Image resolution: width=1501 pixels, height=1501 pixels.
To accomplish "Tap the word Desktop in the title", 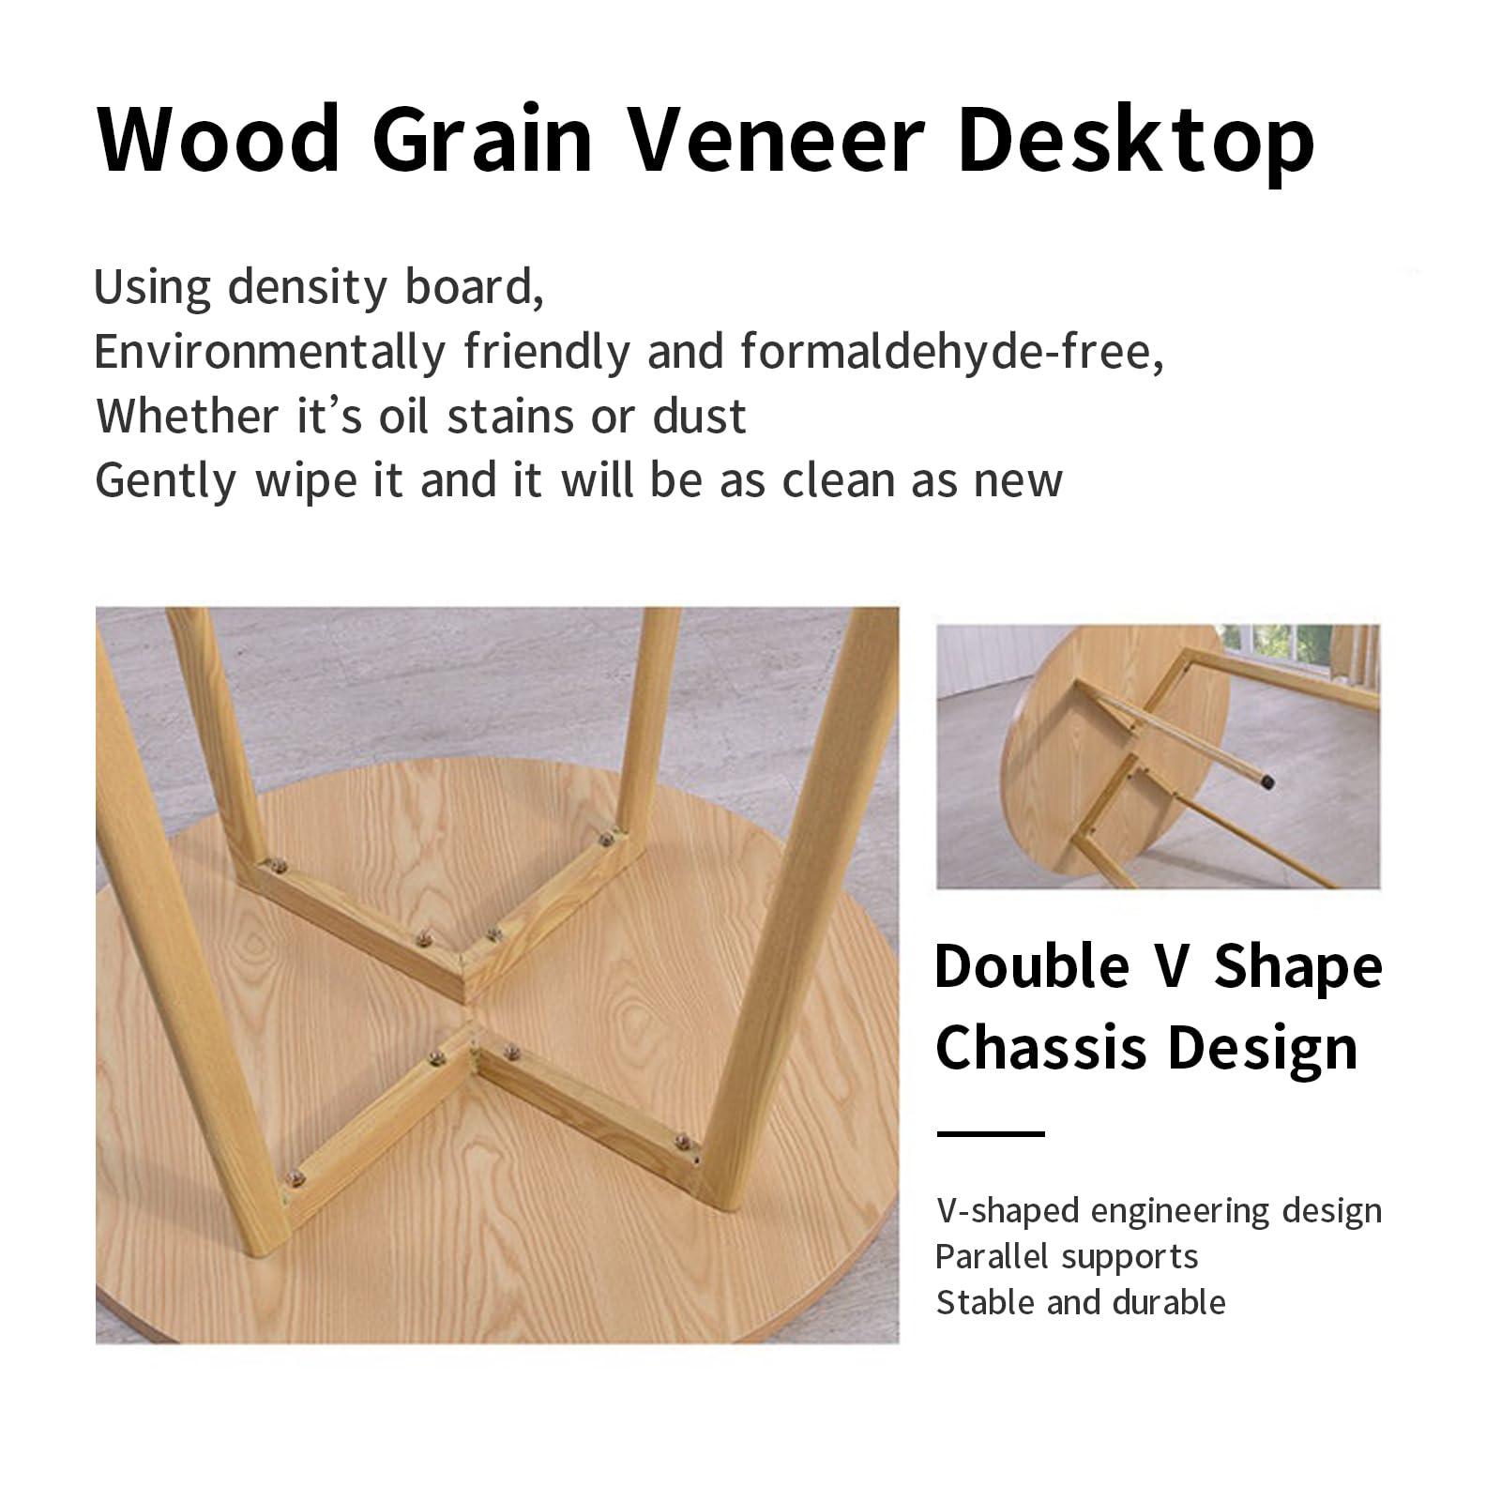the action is (1135, 142).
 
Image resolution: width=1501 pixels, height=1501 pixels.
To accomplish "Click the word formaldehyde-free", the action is (952, 352).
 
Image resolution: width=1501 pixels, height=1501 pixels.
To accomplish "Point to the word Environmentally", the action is (270, 354).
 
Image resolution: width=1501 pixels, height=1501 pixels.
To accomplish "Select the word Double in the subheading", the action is (1032, 965).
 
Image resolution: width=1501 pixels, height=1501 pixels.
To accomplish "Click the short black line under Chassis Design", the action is (991, 1134).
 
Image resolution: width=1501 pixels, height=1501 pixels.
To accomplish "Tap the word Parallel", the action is (991, 1256).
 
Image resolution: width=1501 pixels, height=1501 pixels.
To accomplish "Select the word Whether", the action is (188, 416).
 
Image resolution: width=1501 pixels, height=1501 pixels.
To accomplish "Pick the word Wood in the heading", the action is (219, 140).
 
